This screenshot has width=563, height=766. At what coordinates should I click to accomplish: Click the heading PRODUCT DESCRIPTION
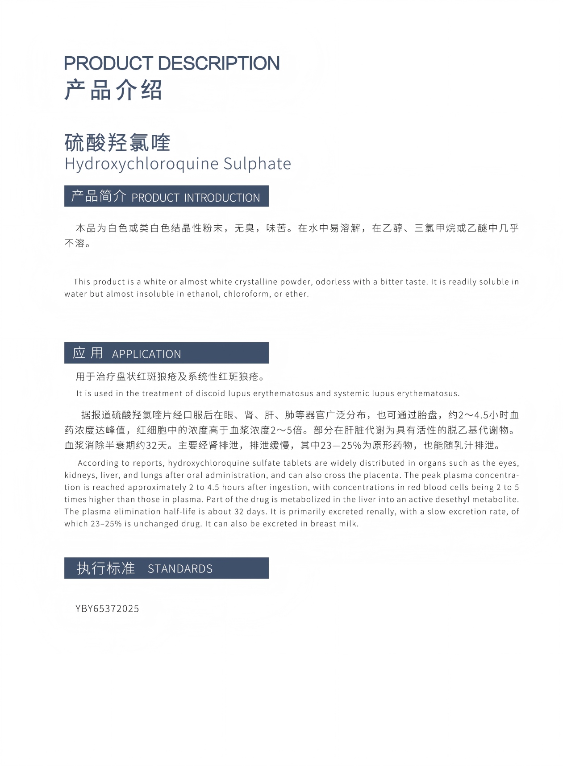pos(172,63)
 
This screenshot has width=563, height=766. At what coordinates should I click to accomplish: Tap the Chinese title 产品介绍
pos(113,90)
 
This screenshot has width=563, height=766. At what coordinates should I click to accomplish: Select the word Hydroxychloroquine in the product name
pos(142,164)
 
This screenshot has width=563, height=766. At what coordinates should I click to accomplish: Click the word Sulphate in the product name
pos(257,164)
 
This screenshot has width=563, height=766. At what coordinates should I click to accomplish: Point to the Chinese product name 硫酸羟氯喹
pos(117,143)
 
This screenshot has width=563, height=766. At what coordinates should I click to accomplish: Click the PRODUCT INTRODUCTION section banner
pos(166,196)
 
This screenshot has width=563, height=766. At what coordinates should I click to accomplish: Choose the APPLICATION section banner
pos(166,353)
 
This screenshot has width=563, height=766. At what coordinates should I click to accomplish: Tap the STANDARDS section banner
pos(166,568)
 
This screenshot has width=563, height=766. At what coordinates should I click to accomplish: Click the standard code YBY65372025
pos(107,609)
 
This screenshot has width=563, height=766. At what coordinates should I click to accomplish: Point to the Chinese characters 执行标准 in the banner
pos(106,568)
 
